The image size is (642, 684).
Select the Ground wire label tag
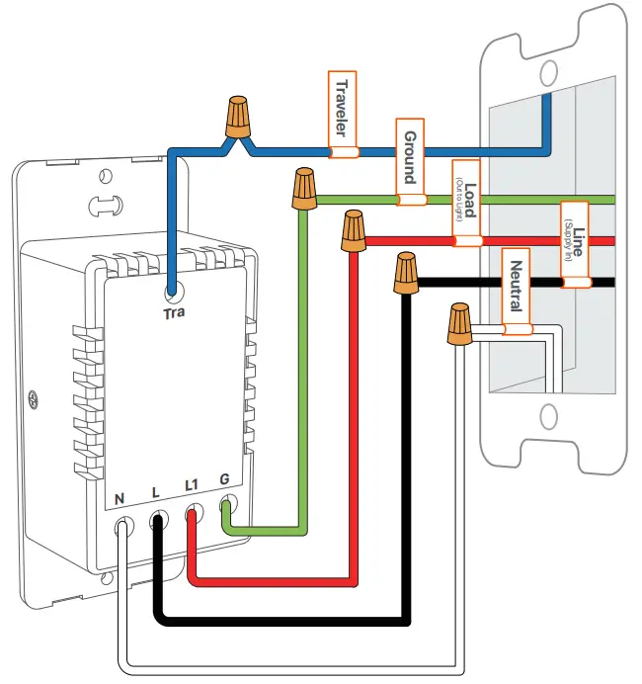click(410, 162)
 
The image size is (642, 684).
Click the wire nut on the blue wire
click(237, 118)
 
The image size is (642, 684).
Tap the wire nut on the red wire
click(353, 231)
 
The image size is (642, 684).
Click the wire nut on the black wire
click(405, 273)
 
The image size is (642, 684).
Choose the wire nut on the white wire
click(456, 325)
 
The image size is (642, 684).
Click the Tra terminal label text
click(173, 313)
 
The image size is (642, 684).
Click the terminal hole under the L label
click(158, 520)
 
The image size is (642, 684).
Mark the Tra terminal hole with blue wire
click(173, 293)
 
